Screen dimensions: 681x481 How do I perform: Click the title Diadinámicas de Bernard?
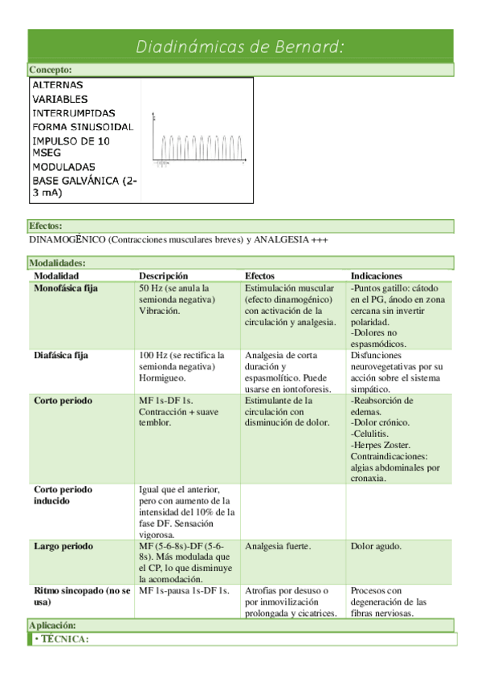(240, 47)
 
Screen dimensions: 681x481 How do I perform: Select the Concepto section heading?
(51, 71)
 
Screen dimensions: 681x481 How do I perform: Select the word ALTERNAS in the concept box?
(57, 84)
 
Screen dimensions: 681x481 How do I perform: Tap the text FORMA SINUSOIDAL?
(83, 127)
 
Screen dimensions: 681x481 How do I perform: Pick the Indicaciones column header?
(377, 275)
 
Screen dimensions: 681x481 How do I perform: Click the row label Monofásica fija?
(66, 287)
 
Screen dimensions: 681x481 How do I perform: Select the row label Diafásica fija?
(61, 355)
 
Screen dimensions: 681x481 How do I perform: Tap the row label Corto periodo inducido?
(63, 495)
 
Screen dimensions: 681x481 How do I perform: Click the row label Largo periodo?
(62, 546)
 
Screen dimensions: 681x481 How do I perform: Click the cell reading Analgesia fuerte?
(278, 546)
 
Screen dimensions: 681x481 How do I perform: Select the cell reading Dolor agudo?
(377, 546)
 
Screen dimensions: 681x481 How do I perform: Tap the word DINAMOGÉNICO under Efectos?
(67, 240)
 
